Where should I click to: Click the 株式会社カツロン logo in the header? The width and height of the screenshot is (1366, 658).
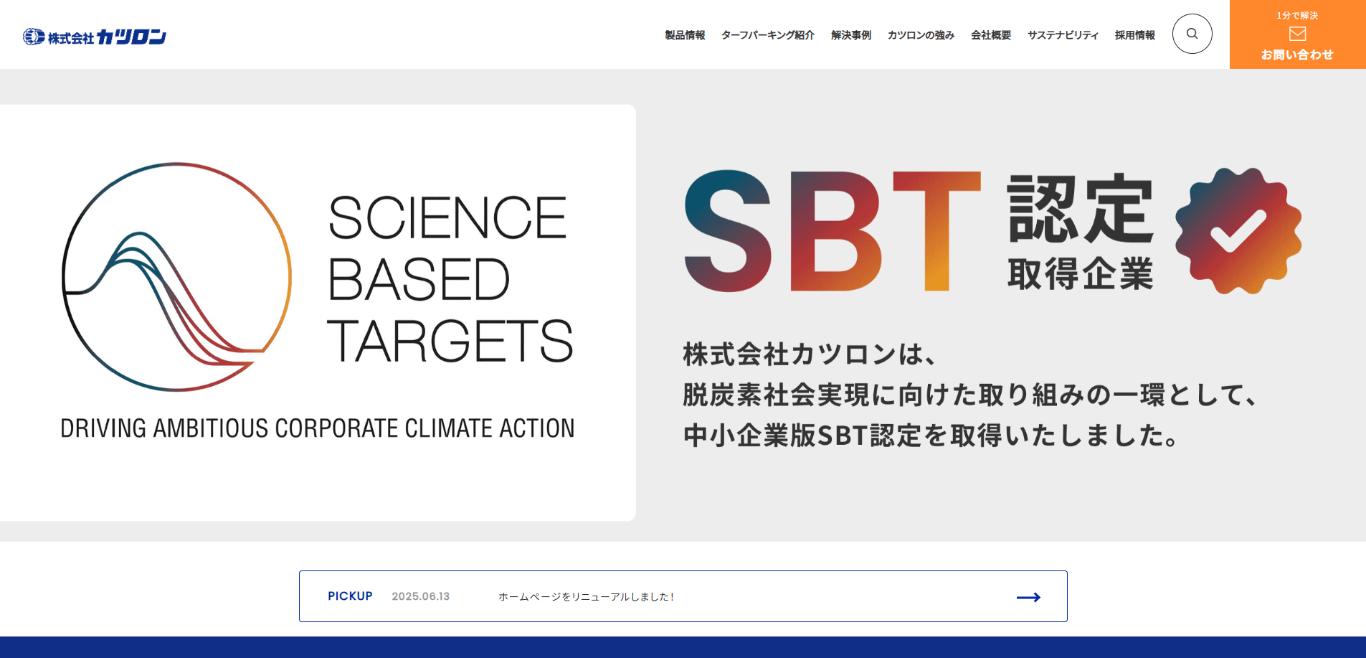[95, 37]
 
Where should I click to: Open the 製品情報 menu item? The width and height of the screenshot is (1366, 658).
[685, 35]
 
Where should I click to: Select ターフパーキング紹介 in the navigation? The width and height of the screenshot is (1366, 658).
[768, 35]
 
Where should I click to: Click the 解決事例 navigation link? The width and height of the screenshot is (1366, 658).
[851, 35]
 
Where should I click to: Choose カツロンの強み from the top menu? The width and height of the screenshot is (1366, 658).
[921, 35]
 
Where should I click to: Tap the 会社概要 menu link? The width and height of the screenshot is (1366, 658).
[991, 35]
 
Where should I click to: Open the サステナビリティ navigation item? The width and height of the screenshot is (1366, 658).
[1063, 35]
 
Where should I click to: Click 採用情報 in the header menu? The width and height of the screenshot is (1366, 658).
[1135, 35]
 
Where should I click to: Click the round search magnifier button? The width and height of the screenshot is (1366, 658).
[1192, 34]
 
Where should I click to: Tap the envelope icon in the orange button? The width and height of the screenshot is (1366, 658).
[1298, 34]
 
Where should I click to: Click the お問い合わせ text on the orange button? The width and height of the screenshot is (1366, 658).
[1297, 55]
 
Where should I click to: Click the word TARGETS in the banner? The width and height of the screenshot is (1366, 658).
[450, 342]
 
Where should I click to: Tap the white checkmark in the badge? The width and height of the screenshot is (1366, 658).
[1238, 230]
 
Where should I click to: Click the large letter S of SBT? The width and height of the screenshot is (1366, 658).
[728, 231]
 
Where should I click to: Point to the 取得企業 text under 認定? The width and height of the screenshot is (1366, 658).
[1081, 273]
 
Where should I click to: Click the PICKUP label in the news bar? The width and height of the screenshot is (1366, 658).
[350, 596]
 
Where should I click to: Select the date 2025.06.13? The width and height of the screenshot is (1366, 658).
[421, 596]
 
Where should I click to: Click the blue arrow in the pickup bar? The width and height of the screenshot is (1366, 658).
[1028, 597]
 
